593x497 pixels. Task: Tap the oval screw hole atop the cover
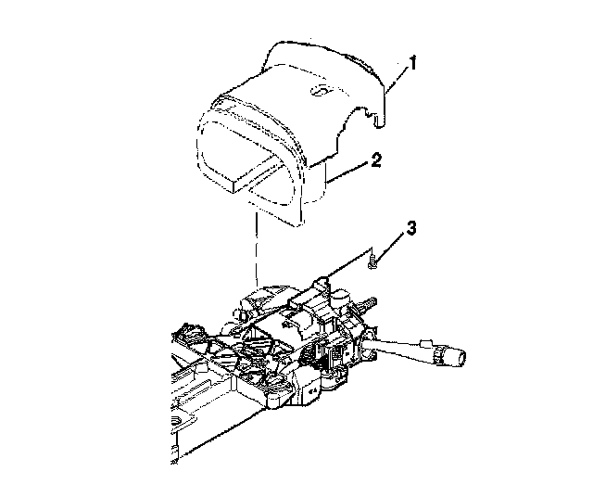pyautogui.click(x=320, y=91)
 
